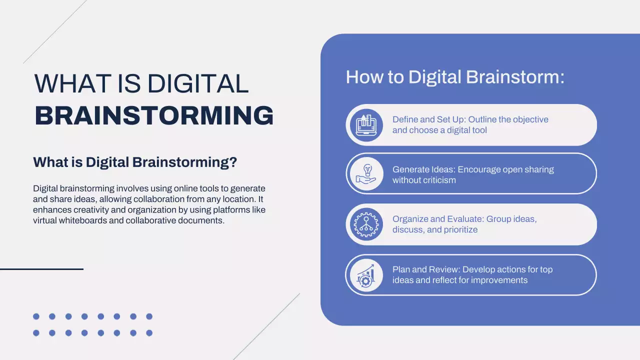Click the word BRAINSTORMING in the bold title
click(154, 116)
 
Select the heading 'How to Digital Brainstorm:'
click(455, 77)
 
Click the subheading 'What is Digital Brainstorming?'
click(135, 162)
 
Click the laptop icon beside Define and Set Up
click(364, 125)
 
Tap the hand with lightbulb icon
click(364, 173)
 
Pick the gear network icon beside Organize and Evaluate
click(364, 224)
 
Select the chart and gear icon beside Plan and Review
click(364, 275)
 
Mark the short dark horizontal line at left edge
click(41, 269)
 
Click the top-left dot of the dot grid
click(36, 316)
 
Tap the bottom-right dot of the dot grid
click(149, 333)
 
